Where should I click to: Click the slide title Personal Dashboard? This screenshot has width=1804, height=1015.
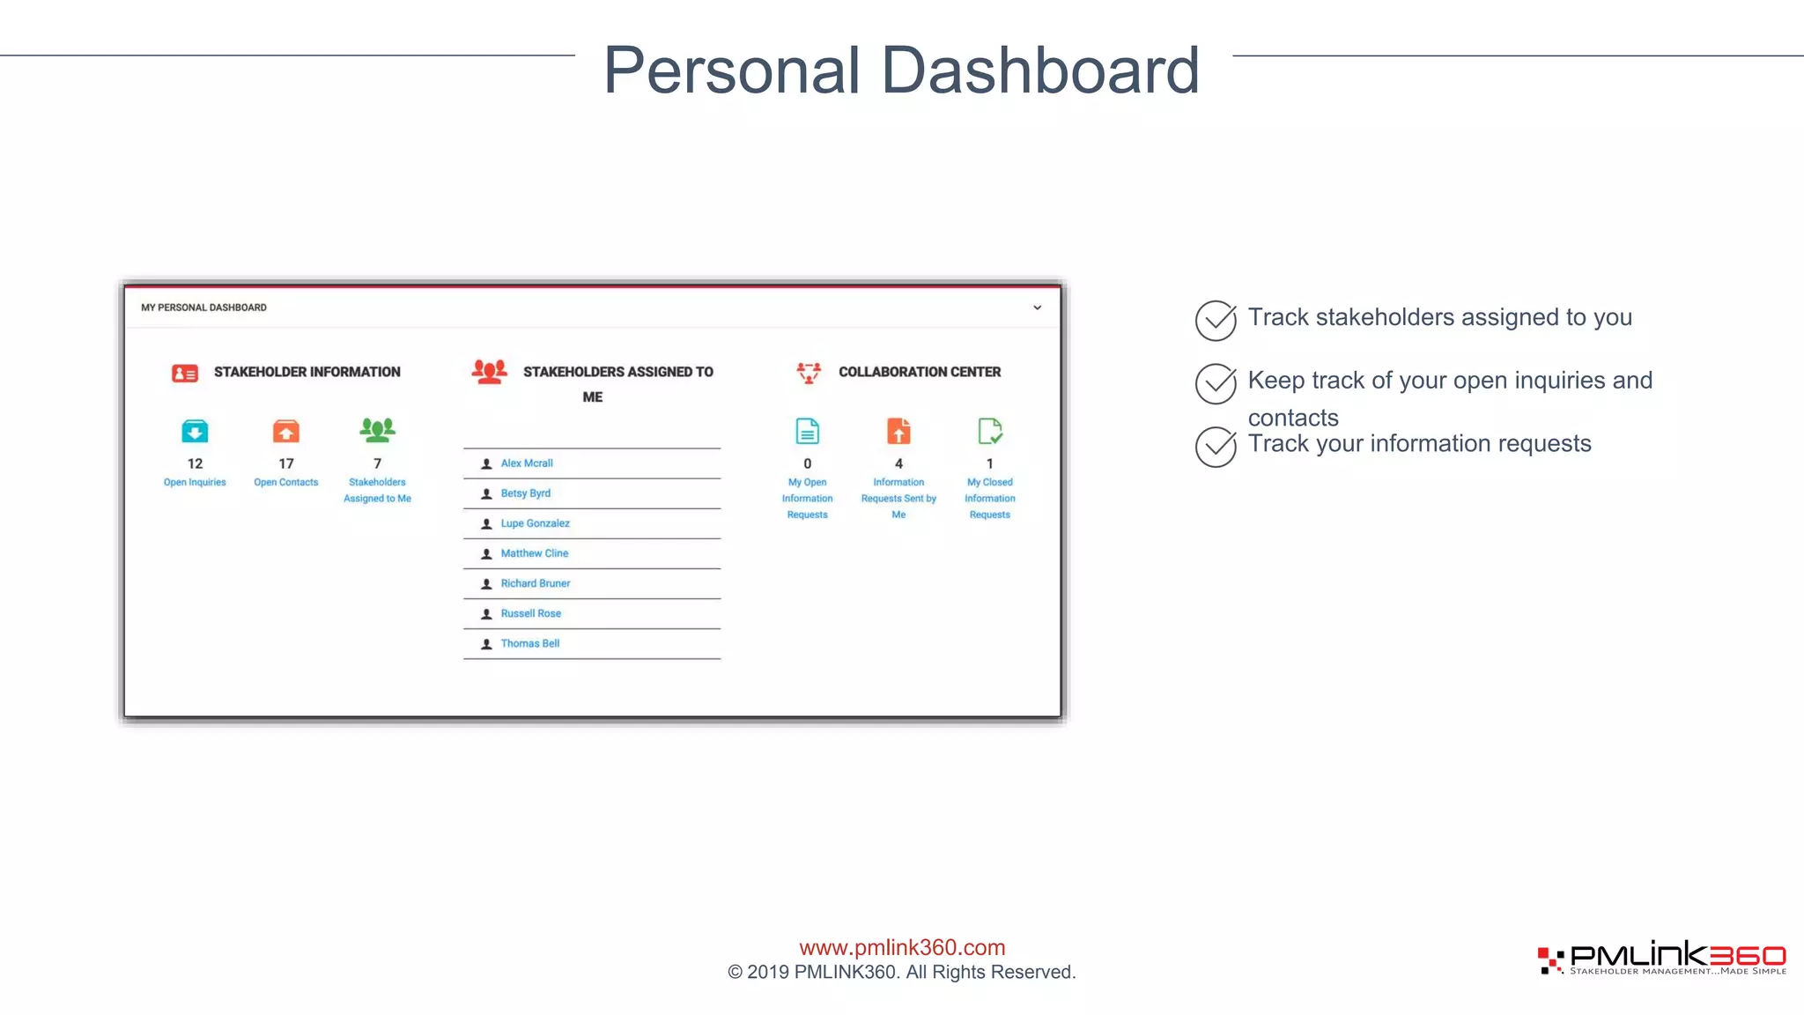[x=901, y=70]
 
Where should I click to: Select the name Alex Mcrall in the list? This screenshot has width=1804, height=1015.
[x=527, y=463]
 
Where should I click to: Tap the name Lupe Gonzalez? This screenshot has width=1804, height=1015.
[x=535, y=523]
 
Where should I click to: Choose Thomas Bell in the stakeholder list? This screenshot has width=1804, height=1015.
[x=529, y=644]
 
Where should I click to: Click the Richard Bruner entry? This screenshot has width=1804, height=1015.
[x=535, y=583]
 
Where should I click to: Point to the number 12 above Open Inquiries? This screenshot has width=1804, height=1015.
[x=195, y=463]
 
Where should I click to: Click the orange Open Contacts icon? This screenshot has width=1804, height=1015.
[x=286, y=432]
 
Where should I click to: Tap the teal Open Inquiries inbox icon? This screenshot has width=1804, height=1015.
[x=195, y=432]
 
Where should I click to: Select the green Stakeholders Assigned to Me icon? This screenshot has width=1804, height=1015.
[x=377, y=430]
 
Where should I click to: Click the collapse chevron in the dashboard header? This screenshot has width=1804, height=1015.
[x=1037, y=307]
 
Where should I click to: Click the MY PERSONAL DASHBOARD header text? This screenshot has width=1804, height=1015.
[x=203, y=307]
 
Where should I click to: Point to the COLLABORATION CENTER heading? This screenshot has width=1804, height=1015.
[x=919, y=372]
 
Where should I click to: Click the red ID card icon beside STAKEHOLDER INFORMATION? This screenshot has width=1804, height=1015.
[x=185, y=374]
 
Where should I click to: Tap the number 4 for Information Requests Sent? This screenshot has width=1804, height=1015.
[x=898, y=463]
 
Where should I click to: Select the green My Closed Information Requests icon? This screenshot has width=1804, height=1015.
[x=989, y=432]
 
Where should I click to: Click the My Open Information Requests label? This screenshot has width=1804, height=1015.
[x=807, y=499]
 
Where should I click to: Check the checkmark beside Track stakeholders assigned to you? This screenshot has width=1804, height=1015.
[x=1216, y=321]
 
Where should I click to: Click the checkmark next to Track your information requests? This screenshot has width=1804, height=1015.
[x=1216, y=447]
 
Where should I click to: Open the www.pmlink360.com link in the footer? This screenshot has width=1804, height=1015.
[x=902, y=947]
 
